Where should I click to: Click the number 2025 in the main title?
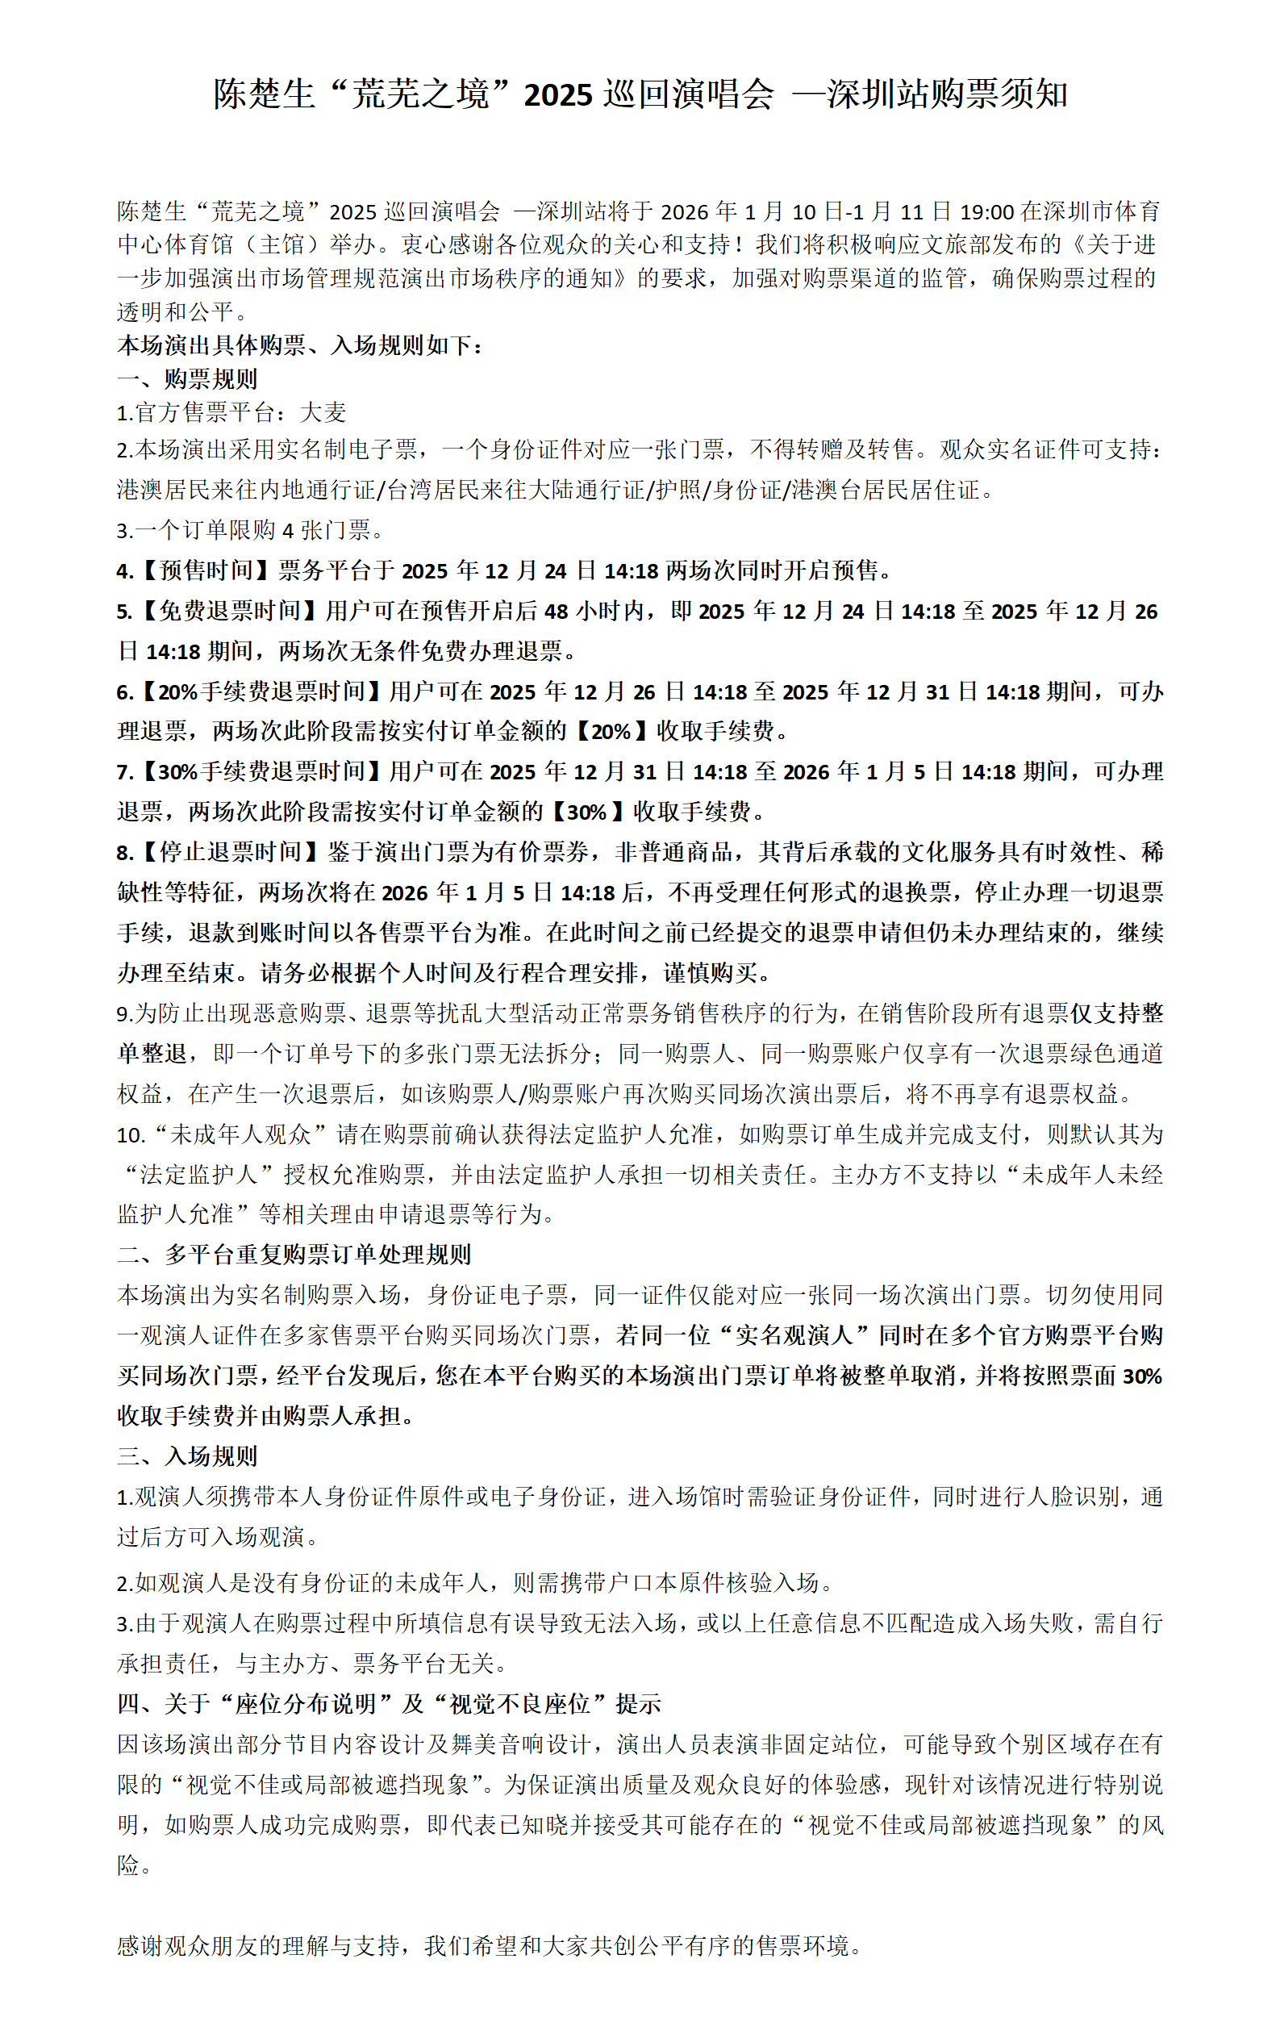pyautogui.click(x=557, y=94)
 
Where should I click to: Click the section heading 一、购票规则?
pyautogui.click(x=187, y=379)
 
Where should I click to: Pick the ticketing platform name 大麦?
pyautogui.click(x=323, y=413)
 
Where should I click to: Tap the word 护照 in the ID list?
pyautogui.click(x=682, y=490)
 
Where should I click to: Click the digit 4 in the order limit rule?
pyautogui.click(x=288, y=530)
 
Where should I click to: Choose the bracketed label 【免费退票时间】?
pyautogui.click(x=229, y=612)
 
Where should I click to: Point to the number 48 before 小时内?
pyautogui.click(x=556, y=612)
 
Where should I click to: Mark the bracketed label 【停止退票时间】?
pyautogui.click(x=229, y=852)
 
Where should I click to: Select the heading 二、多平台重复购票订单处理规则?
pyautogui.click(x=294, y=1255)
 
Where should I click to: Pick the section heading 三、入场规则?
pyautogui.click(x=187, y=1456)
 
